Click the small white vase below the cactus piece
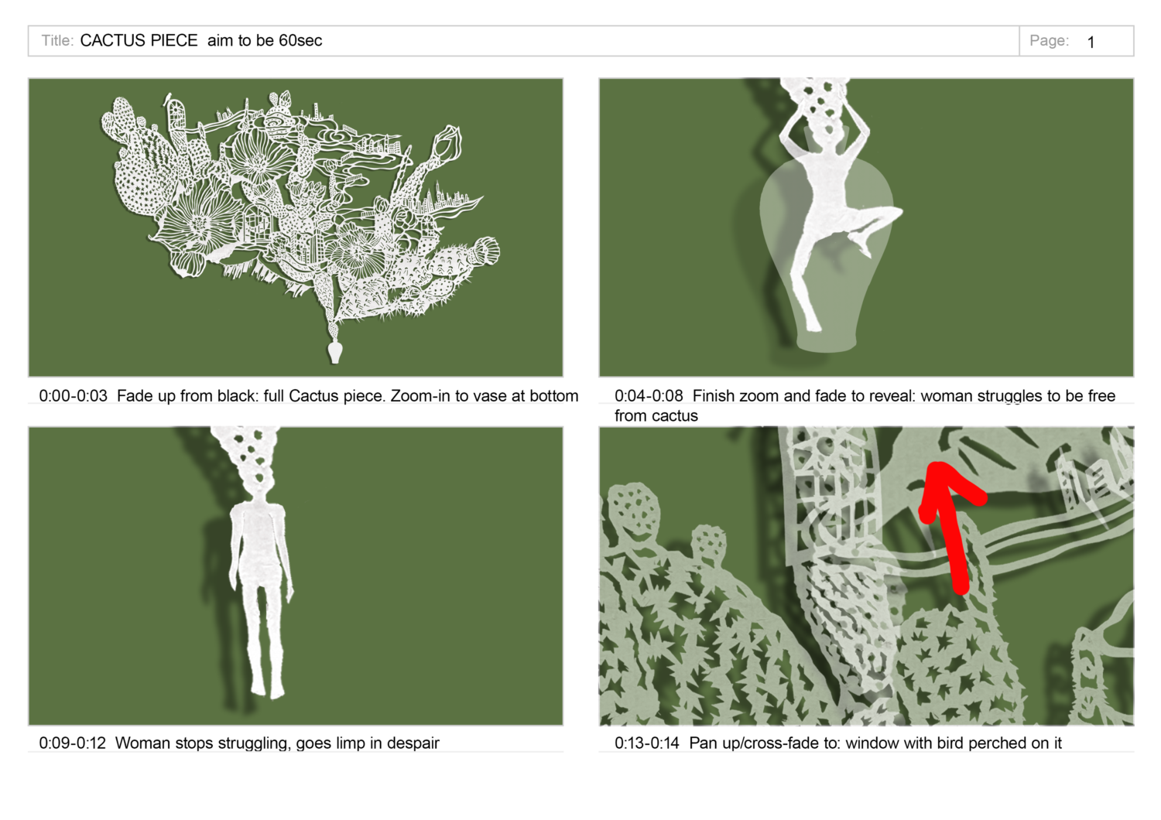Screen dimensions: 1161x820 click(x=335, y=352)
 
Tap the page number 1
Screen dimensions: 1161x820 click(x=1091, y=42)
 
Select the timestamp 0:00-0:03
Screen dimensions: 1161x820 click(x=73, y=396)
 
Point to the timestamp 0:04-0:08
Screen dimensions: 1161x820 click(x=649, y=396)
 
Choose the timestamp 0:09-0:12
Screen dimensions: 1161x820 click(x=73, y=743)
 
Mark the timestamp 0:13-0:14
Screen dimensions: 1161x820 click(x=647, y=743)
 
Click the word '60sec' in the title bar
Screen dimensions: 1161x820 click(x=300, y=40)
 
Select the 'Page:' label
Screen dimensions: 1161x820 click(x=1049, y=40)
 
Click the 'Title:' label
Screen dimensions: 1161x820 click(x=57, y=40)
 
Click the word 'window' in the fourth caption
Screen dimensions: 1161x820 click(x=871, y=743)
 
